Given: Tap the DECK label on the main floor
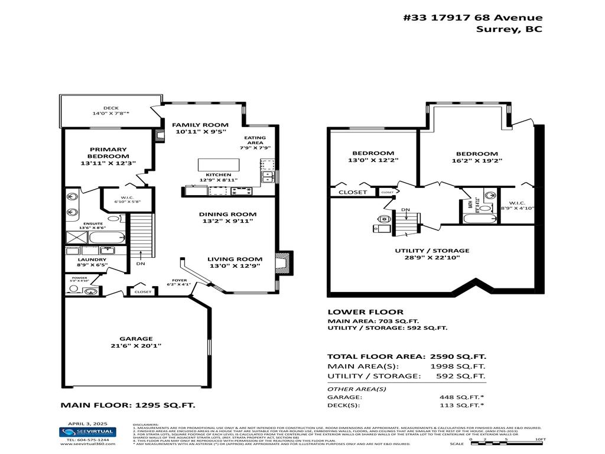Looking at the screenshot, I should [x=110, y=108].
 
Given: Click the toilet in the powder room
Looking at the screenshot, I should [x=74, y=289].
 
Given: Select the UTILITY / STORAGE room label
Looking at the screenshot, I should [x=432, y=251].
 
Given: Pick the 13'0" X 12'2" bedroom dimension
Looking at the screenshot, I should [x=374, y=160].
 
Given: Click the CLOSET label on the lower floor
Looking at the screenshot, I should [x=353, y=192].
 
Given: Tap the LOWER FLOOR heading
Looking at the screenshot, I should [x=366, y=312].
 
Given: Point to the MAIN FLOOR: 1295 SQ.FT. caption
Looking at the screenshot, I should [x=127, y=406].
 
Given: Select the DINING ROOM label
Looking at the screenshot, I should [x=227, y=214].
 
